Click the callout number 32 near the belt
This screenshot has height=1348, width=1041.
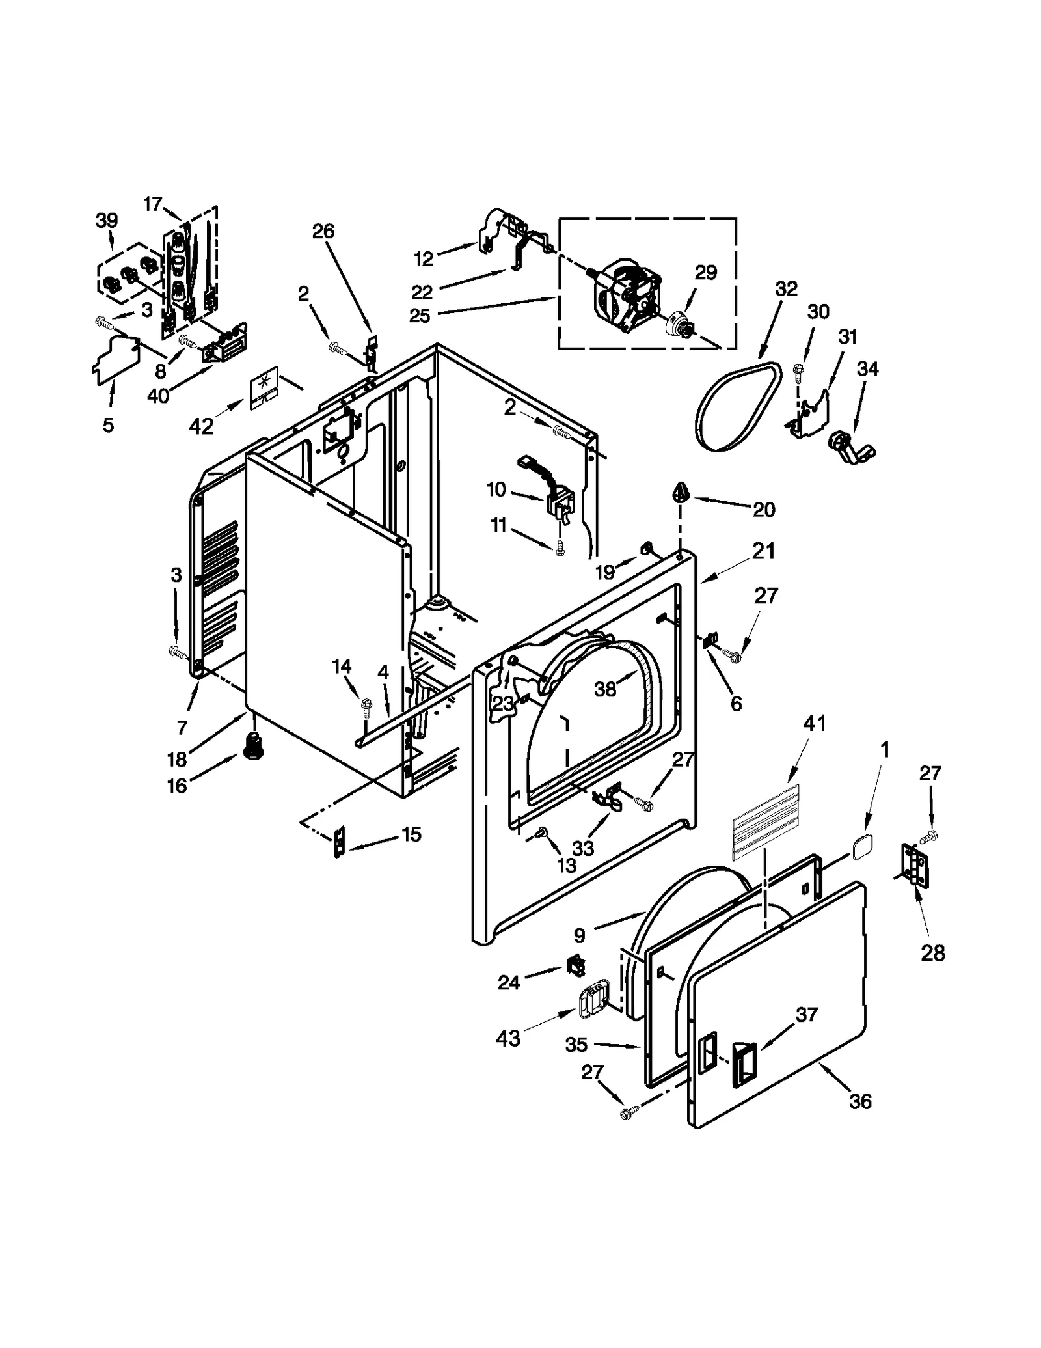tap(786, 289)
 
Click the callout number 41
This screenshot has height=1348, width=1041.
tap(814, 723)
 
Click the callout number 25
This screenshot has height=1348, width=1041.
tap(420, 316)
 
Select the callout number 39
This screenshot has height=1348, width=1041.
tap(107, 221)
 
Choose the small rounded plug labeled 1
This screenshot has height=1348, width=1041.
tap(862, 847)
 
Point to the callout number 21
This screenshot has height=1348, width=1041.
tap(763, 551)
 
